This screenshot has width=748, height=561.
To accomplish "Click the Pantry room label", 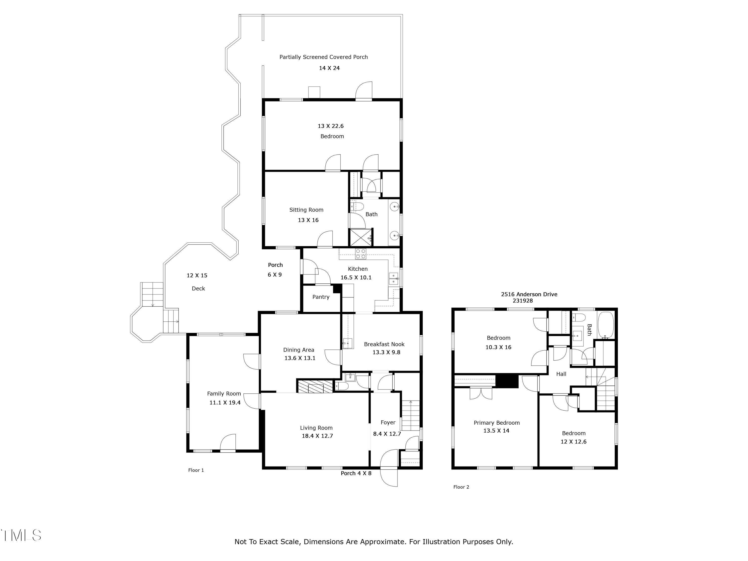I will (321, 297).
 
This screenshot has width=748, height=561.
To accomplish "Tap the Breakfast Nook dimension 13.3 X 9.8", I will (386, 352).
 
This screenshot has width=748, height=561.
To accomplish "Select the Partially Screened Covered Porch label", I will (323, 57).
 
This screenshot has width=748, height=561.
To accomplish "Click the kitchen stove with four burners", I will (361, 254).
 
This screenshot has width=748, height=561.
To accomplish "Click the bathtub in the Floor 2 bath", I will (606, 325).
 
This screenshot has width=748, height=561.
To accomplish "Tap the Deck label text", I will (198, 288).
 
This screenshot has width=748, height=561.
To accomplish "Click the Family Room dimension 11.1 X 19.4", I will (225, 402).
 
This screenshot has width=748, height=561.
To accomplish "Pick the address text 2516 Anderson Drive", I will (529, 294).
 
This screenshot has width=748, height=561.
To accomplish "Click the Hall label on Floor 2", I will (561, 374).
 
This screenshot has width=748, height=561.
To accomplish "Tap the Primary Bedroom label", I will (496, 423).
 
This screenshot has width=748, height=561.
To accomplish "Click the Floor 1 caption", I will (196, 470).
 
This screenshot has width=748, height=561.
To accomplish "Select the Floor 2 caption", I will (461, 487).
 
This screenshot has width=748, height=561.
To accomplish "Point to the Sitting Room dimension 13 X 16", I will (308, 220).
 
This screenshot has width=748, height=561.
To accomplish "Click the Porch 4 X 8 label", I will (356, 473).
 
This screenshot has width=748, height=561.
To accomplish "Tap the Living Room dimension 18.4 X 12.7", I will (317, 436).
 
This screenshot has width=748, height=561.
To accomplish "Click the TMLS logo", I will (21, 535).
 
